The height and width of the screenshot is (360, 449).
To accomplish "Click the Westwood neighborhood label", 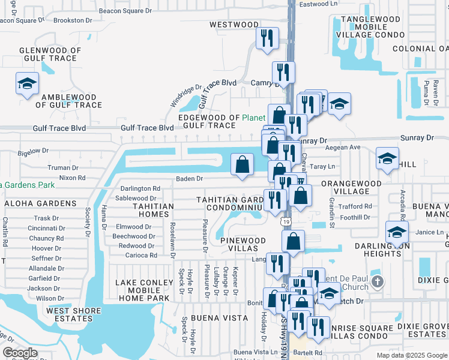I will (x=234, y=25).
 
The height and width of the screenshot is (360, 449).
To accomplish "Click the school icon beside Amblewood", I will (x=27, y=83).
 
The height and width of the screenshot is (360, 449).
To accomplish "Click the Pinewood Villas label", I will (x=243, y=245).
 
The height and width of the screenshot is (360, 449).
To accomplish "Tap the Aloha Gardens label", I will (x=41, y=203).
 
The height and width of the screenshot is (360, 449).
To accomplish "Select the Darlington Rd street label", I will (x=140, y=188).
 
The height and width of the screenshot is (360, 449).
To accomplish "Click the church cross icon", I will (x=377, y=281).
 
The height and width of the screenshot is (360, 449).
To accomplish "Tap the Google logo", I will (x=20, y=353).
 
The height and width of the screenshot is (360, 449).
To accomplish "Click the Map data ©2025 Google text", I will (x=411, y=355).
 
